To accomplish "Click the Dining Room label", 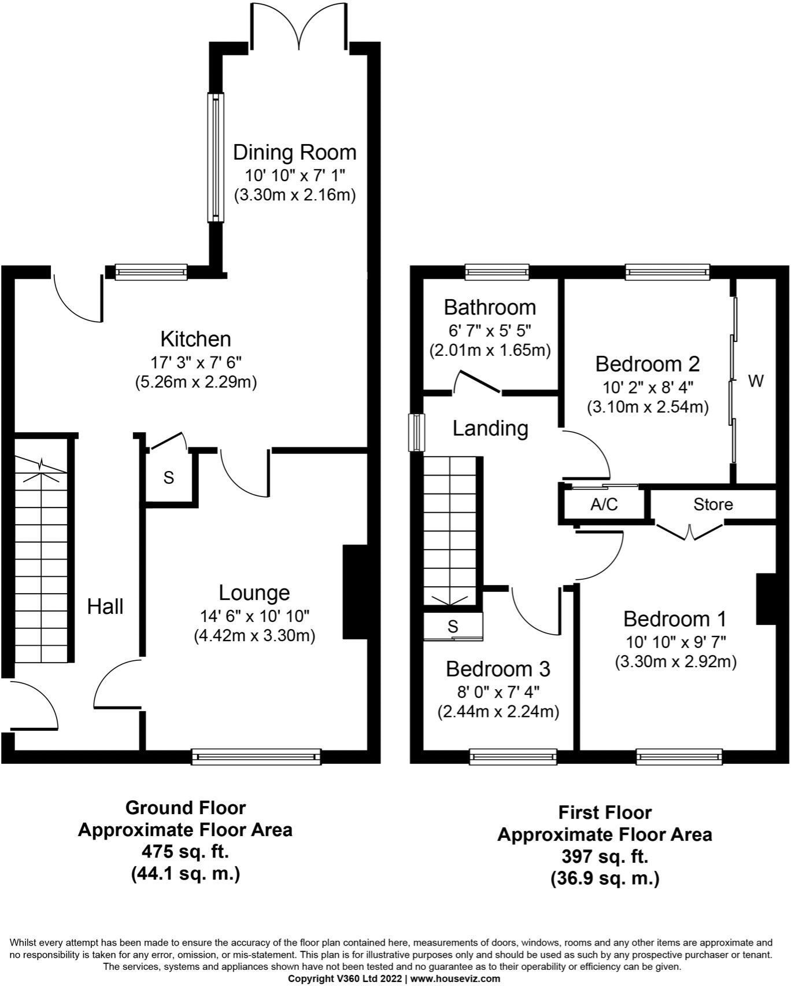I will point(294,153).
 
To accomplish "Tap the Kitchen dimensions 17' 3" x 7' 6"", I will point(195,363).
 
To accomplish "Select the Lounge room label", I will point(254,593).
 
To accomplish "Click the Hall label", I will point(105,607).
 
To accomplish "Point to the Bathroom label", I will point(490,307).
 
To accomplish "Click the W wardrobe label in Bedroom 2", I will point(756,381).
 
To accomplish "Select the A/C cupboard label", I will point(604,505).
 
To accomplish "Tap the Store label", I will point(713,505).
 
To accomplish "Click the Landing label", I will point(490,429).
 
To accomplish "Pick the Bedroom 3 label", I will point(498,669).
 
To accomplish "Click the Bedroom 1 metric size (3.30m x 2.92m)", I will point(675,662).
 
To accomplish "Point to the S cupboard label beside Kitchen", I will point(168,478).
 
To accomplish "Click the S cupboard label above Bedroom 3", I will point(453,627).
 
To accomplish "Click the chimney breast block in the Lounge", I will point(355,590).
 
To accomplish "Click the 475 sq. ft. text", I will point(185,852).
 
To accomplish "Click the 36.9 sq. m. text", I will point(604,878).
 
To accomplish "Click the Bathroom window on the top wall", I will point(497,271).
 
